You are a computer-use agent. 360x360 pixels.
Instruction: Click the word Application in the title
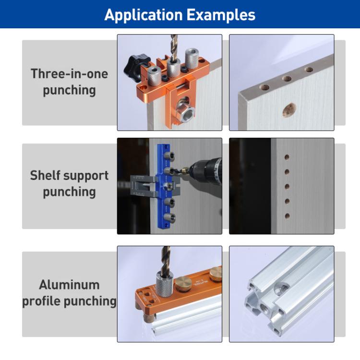(143, 14)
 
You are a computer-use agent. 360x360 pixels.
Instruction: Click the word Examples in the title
(221, 14)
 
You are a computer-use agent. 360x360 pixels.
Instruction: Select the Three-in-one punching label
(69, 82)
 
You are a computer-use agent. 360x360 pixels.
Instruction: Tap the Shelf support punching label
(69, 183)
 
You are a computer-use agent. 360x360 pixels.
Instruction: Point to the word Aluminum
(69, 285)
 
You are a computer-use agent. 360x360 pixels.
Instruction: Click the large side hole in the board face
(288, 110)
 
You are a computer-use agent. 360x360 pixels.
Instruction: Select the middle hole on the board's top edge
(288, 79)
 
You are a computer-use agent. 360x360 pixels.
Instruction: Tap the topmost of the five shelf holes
(287, 157)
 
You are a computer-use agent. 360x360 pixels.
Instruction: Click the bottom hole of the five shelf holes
(287, 216)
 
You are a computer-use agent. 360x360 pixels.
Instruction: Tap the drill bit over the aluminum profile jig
(166, 259)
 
